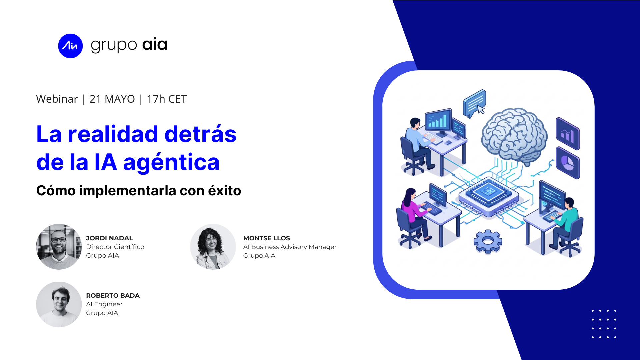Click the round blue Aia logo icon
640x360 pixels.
[70, 46]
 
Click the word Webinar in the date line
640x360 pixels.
[57, 99]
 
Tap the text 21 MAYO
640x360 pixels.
[112, 99]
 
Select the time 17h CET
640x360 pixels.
[167, 99]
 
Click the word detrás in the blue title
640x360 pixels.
[200, 134]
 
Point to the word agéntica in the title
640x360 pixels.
[171, 163]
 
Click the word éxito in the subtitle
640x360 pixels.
[224, 190]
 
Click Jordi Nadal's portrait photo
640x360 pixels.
[59, 247]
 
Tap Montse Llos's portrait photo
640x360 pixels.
[213, 247]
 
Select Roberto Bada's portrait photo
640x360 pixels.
[59, 304]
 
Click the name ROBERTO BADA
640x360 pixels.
[113, 295]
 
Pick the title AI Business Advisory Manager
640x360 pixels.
[290, 247]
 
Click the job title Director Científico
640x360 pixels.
[115, 247]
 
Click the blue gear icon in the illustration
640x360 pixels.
[488, 241]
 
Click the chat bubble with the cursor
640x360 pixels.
[475, 103]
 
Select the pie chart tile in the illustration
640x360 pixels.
[568, 163]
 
